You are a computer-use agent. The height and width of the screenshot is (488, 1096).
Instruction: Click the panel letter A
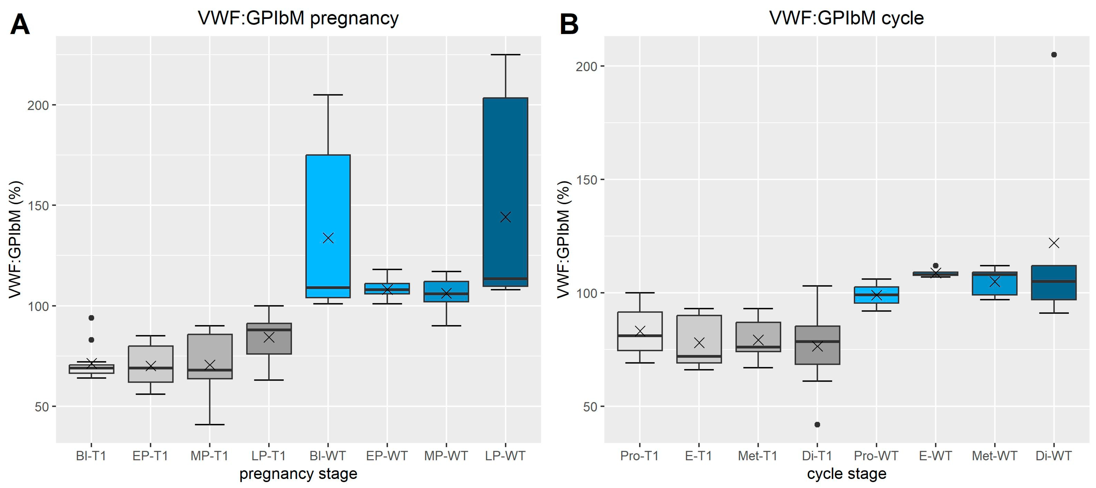tap(20, 25)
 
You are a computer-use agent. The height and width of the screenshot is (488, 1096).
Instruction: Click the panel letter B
tap(569, 25)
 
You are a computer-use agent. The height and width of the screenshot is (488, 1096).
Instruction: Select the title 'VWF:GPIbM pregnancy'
tap(298, 18)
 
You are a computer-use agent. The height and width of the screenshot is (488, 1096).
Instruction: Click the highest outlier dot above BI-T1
tap(92, 318)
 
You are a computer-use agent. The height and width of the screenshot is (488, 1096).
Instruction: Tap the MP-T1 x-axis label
tap(209, 456)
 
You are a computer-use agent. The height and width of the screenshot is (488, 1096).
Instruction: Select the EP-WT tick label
tap(387, 456)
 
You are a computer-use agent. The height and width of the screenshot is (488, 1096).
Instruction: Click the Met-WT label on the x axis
tap(994, 456)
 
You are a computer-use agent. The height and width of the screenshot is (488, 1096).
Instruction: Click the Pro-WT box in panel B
tap(876, 295)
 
